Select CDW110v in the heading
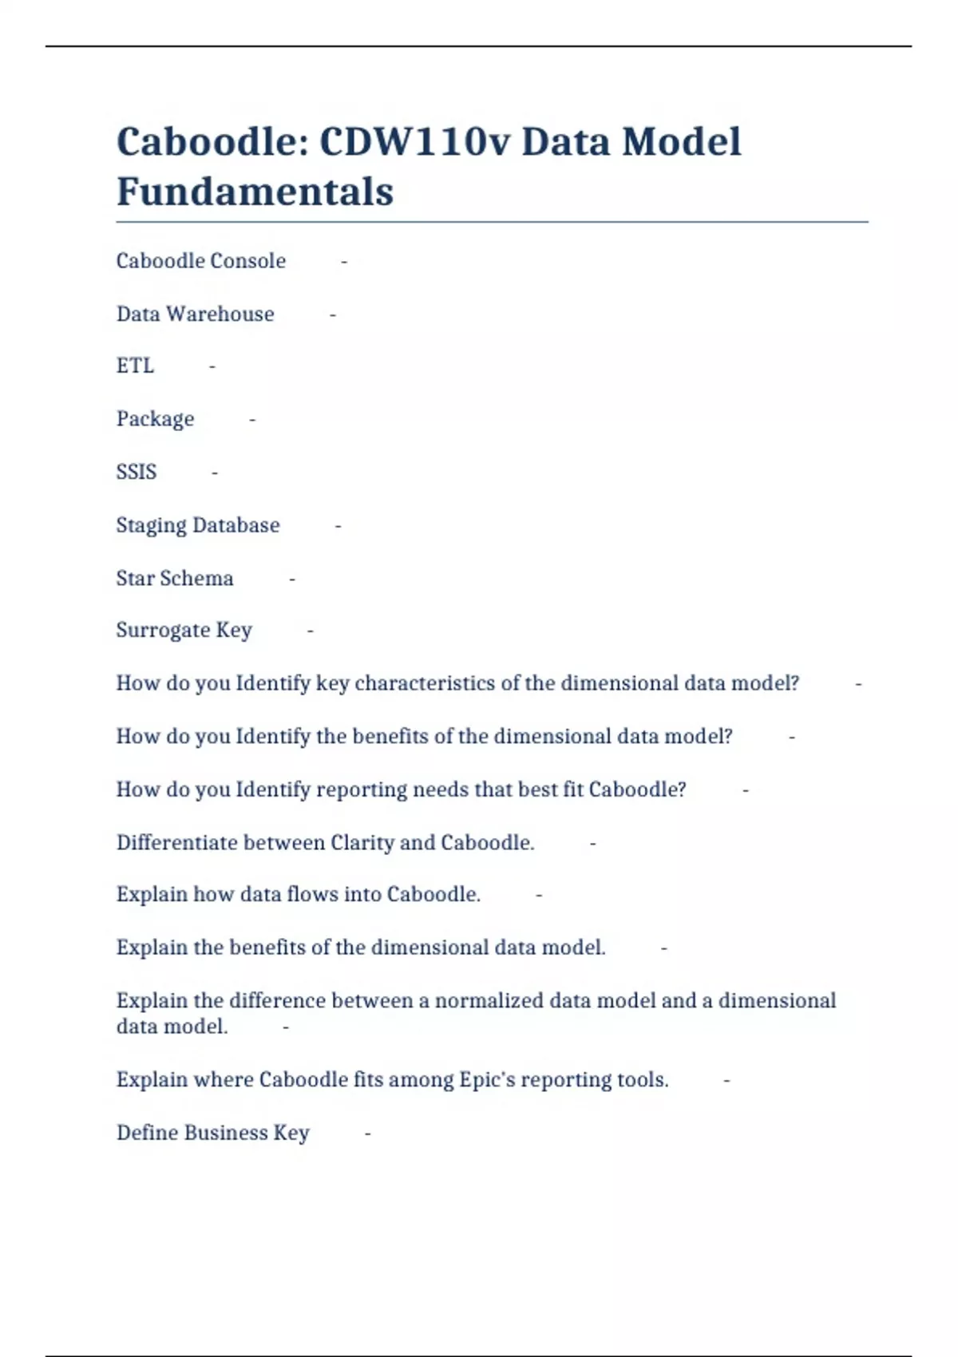point(414,142)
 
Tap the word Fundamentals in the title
point(255,192)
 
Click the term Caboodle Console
point(200,261)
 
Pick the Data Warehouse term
point(195,314)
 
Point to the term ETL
point(135,366)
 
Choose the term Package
point(155,419)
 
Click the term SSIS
point(136,472)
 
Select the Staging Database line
point(198,525)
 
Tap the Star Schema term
point(175,578)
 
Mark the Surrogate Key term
point(184,631)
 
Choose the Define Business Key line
point(212,1133)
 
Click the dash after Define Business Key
point(367,1133)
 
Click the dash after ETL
point(212,366)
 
